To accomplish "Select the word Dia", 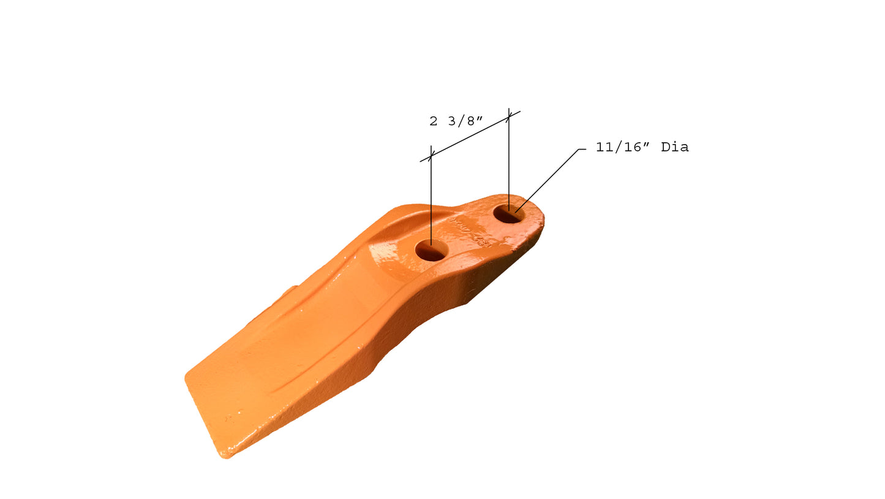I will click(x=675, y=148).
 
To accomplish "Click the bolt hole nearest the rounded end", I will click(x=508, y=214).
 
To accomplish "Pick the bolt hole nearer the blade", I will click(x=431, y=250).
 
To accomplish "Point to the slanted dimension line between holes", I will click(x=470, y=137).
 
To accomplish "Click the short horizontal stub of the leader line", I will click(x=582, y=149).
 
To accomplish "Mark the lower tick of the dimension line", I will click(x=431, y=156).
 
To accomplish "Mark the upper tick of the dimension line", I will click(x=509, y=116).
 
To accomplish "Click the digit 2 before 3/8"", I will click(x=434, y=121).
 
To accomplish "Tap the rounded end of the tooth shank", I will click(x=539, y=215).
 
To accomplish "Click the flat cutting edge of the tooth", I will click(x=202, y=417).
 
